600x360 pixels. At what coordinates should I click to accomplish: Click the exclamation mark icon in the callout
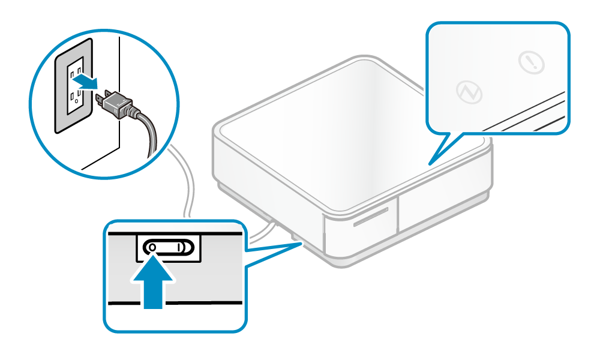(x=531, y=62)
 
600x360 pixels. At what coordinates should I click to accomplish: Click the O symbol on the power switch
(x=153, y=247)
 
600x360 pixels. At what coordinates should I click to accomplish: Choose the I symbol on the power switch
(x=179, y=247)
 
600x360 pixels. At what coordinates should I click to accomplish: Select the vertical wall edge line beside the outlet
(x=118, y=90)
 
